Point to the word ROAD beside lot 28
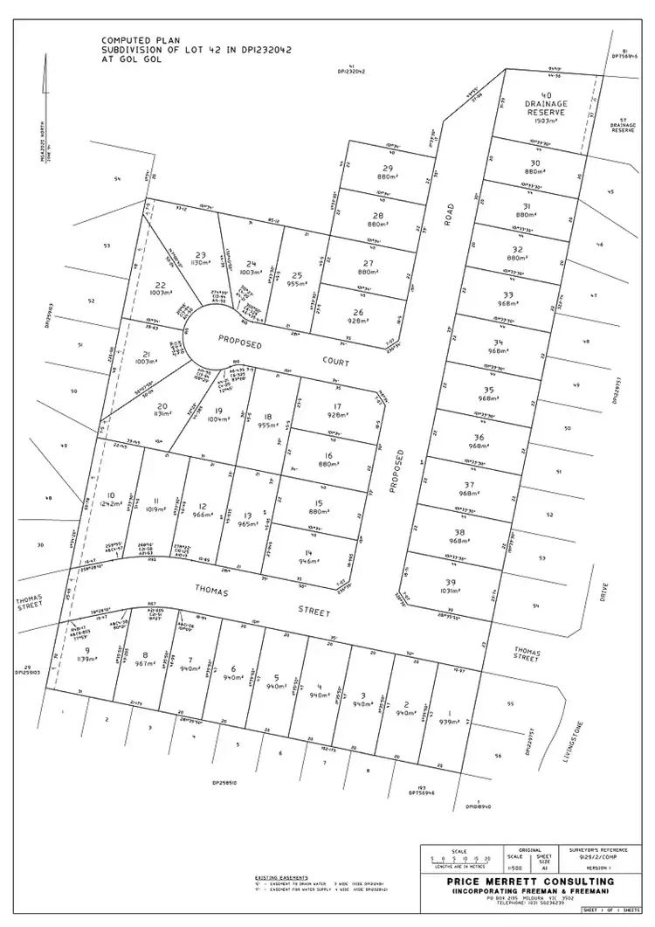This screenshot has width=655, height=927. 450,214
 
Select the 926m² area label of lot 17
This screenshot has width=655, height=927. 333,415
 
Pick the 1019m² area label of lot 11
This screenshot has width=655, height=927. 155,508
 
